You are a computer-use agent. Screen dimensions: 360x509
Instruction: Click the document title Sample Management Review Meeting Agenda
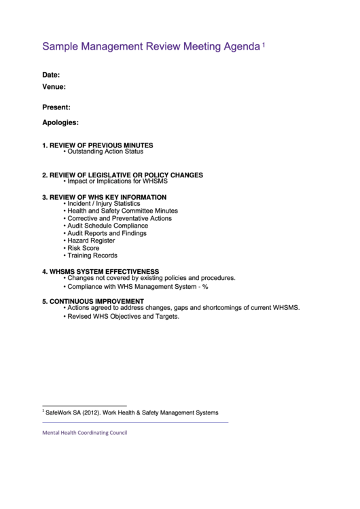[151, 47]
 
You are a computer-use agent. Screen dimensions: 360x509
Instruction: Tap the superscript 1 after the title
[264, 44]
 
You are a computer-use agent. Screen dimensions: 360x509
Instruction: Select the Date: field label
[51, 75]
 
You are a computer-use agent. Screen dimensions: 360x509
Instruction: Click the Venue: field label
[54, 87]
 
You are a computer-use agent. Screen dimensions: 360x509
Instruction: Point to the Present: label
[56, 107]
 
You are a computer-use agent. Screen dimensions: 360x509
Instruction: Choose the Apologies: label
[60, 123]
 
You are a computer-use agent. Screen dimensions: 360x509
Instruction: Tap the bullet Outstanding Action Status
[105, 152]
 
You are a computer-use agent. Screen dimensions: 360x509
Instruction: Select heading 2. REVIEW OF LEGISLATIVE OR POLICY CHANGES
[122, 175]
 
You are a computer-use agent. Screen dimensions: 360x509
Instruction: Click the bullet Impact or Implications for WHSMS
[117, 181]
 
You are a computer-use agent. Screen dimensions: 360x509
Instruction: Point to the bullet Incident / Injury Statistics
[103, 203]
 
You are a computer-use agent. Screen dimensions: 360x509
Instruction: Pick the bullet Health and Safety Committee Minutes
[122, 211]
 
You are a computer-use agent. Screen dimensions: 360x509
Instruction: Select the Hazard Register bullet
[91, 241]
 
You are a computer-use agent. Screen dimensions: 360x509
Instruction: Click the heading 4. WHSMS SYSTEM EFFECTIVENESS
[101, 271]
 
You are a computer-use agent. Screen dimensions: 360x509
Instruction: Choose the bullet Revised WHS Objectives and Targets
[123, 316]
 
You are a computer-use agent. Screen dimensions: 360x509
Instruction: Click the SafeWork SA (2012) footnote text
[132, 413]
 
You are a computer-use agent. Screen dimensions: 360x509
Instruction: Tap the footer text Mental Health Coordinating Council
[84, 433]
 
